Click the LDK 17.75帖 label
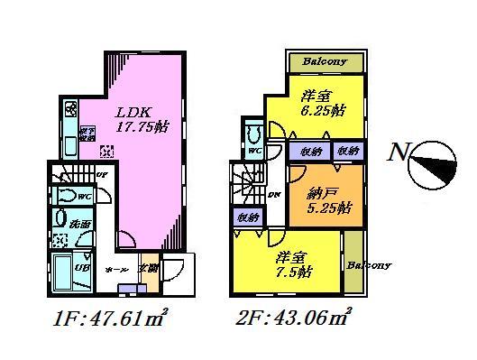click(x=137, y=120)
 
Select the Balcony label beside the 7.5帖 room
click(x=369, y=265)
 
